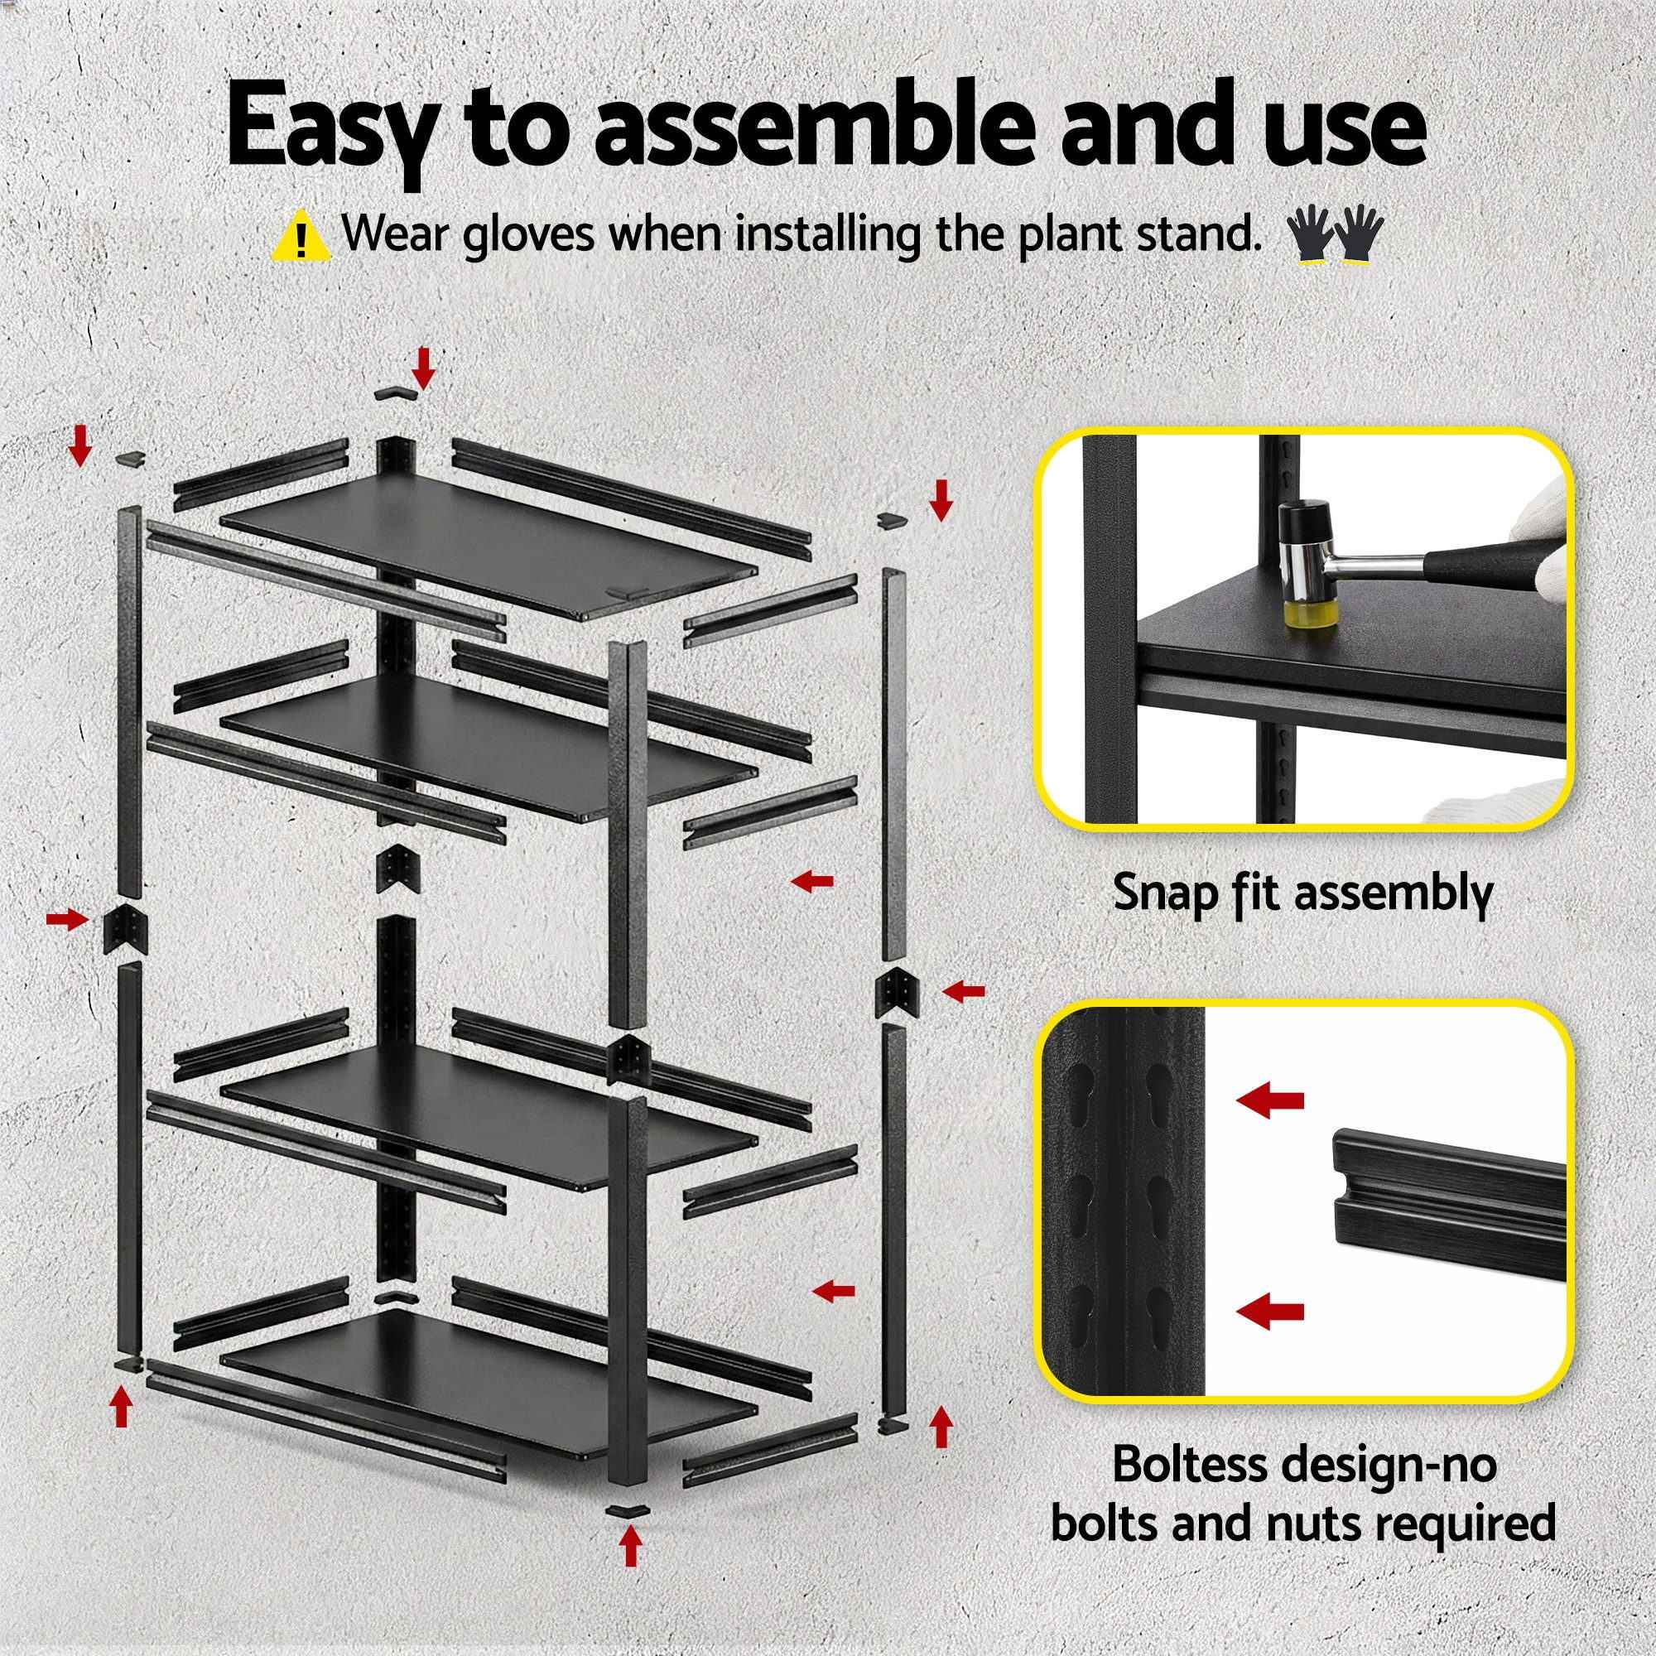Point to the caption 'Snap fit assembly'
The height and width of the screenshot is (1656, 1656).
pos(1302,893)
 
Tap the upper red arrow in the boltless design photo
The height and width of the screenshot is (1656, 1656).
pos(1269,1100)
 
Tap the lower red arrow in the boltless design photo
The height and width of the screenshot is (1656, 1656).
pos(1269,1334)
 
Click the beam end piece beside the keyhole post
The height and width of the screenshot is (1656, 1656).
pos(1448,1204)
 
